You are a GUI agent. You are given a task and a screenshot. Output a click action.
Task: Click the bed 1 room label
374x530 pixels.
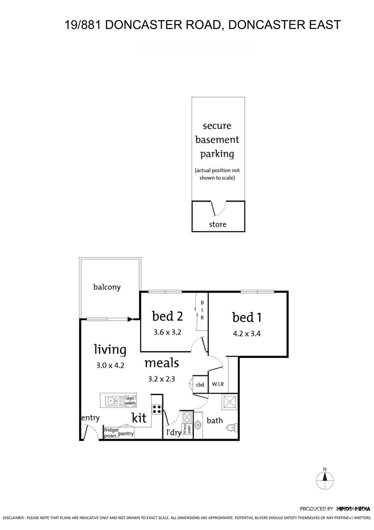coord(247,317)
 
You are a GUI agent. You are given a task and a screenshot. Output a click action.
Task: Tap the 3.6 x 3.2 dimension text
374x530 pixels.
coord(167,332)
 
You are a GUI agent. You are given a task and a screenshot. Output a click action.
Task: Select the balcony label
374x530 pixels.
coord(107,287)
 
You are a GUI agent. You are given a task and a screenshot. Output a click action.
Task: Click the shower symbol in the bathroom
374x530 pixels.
coord(229,402)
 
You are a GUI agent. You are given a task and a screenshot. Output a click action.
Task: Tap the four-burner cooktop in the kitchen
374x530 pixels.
coord(157,409)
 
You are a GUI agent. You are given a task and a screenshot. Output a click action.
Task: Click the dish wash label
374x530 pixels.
coord(130,401)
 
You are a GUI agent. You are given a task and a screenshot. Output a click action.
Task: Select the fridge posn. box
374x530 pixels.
coord(111,433)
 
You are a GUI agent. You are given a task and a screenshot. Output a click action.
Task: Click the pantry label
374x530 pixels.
coord(126,434)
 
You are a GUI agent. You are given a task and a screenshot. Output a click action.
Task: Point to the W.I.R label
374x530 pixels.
coord(218,384)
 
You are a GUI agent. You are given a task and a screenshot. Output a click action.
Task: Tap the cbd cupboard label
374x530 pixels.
coord(200,385)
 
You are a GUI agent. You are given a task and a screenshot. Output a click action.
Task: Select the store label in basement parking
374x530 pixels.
coord(218,224)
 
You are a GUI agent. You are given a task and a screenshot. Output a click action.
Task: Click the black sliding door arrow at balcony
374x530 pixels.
coord(130,319)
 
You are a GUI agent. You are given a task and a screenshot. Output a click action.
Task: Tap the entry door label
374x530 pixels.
coord(90,418)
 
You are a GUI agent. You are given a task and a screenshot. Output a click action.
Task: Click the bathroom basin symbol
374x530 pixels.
coord(198,425)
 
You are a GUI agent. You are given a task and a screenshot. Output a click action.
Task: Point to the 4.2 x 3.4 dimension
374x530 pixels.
coord(247,334)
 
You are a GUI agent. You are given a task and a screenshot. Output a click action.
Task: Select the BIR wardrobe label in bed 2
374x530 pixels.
coord(202,310)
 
